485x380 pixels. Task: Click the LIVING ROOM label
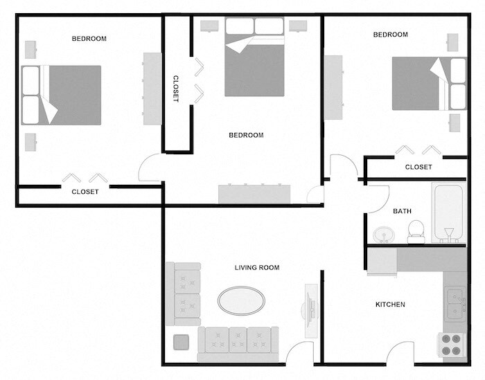tap(256, 267)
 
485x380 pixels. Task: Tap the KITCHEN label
tap(390, 305)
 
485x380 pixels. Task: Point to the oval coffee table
tap(241, 300)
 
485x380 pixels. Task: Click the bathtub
tap(448, 213)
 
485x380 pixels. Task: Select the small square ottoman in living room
tap(182, 343)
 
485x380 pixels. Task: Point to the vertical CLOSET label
tap(176, 89)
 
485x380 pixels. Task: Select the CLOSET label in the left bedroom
tap(85, 192)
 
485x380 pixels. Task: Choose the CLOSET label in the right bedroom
tap(418, 167)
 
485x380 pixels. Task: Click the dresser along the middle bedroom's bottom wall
tap(254, 193)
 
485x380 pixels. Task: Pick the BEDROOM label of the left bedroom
tap(89, 39)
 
